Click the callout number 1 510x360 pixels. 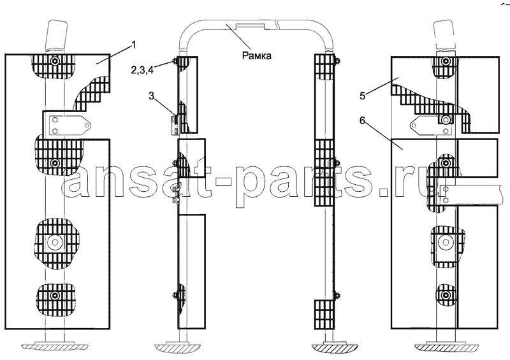(x=133, y=45)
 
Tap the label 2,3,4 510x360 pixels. (x=142, y=69)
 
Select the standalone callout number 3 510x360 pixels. (x=152, y=96)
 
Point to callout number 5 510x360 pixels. (x=363, y=96)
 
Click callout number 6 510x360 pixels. (x=363, y=120)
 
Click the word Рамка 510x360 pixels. (x=257, y=56)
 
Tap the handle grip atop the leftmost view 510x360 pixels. (x=57, y=36)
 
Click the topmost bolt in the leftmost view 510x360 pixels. (x=54, y=61)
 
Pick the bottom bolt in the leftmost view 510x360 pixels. (x=54, y=296)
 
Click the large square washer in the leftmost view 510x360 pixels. (x=54, y=242)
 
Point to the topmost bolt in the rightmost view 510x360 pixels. (x=445, y=61)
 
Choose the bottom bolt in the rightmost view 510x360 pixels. (x=445, y=296)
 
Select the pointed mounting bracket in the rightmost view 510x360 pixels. (x=431, y=125)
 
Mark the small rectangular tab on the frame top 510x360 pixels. (x=251, y=26)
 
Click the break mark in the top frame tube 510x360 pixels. (x=277, y=24)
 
